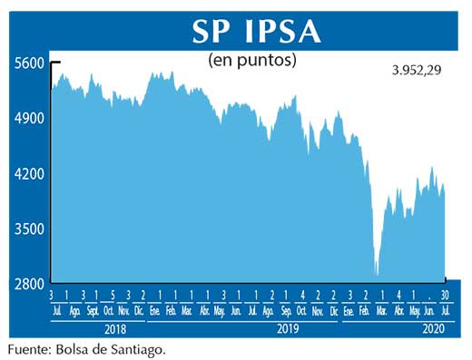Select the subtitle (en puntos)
point(252,61)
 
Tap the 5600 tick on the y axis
point(28,63)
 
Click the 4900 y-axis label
point(28,118)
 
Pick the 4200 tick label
point(28,173)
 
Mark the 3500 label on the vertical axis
point(28,229)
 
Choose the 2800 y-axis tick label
point(28,284)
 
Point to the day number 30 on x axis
point(445,296)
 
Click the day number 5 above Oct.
point(112,296)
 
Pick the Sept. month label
point(93,310)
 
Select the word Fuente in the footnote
point(27,347)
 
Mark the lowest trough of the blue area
point(376,274)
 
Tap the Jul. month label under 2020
point(445,310)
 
